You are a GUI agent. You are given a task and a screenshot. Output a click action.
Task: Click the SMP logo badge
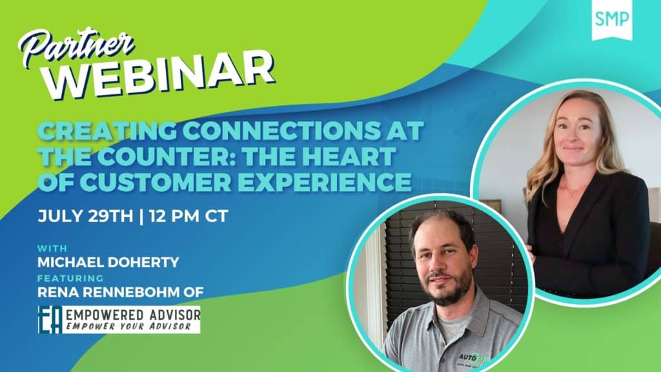(x=612, y=19)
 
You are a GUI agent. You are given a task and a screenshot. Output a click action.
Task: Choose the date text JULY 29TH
(x=85, y=216)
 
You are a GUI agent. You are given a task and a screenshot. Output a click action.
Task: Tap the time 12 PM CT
(x=188, y=216)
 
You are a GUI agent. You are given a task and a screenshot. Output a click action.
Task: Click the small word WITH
(x=52, y=248)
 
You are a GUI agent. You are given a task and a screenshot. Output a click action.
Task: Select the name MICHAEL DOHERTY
(x=108, y=262)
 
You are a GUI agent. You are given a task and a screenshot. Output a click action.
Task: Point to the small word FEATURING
(x=70, y=278)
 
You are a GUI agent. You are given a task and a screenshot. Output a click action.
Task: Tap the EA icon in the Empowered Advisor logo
(x=50, y=320)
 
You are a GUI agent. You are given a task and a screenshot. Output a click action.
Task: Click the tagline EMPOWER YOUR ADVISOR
(x=128, y=326)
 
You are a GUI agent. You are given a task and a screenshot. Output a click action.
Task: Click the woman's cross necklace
(x=571, y=194)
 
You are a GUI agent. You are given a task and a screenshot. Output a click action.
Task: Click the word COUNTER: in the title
(x=168, y=156)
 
